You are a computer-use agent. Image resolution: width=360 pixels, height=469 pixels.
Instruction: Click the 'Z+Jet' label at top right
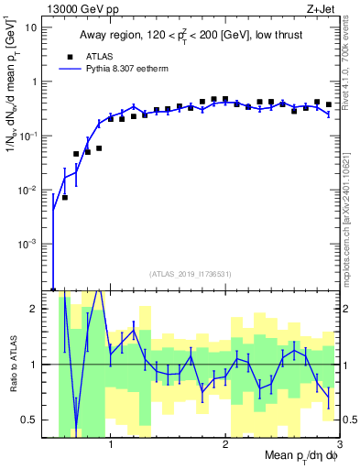[322, 8]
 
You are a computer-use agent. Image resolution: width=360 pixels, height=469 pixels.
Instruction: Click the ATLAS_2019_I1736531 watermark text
[191, 273]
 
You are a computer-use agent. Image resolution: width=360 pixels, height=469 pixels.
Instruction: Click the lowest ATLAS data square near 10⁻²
[65, 197]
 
